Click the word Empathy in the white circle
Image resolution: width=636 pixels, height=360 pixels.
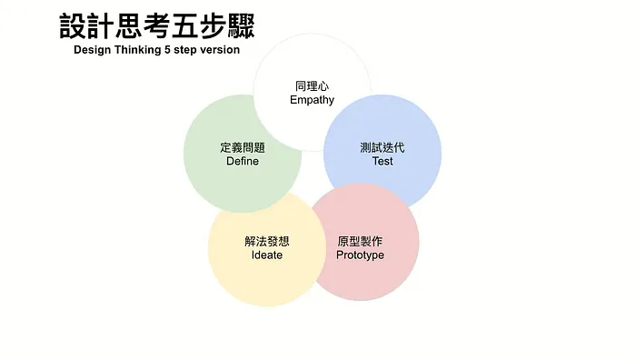tap(312, 100)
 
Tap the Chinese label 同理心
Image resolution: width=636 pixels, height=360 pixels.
tap(312, 85)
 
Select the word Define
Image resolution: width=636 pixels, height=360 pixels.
tap(243, 161)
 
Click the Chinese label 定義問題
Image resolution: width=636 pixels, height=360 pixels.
tap(243, 146)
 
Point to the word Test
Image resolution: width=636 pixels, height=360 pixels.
tap(383, 161)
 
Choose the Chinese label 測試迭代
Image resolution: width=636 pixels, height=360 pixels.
tap(383, 146)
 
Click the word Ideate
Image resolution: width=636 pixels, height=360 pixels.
tap(267, 255)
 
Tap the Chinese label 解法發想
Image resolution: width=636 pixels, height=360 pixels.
tap(267, 241)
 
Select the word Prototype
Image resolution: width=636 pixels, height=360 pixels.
tap(360, 255)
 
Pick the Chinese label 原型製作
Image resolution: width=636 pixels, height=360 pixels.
tap(360, 241)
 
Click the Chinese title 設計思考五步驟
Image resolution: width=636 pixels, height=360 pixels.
tap(157, 25)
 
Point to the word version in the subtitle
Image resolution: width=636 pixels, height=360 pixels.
tap(220, 49)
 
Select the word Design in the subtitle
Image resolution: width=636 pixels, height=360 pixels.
tap(93, 49)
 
